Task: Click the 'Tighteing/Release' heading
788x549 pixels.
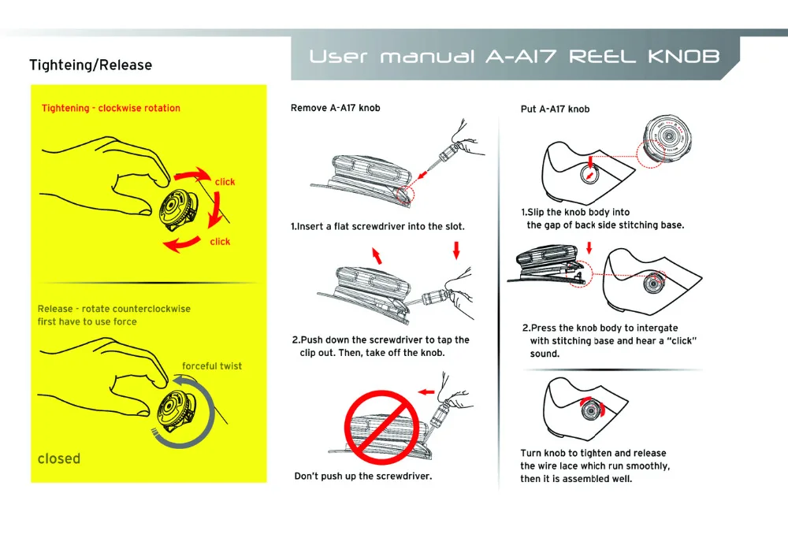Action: (x=91, y=65)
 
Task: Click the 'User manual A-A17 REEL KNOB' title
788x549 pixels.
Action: (x=514, y=57)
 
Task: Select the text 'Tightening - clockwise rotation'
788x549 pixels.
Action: (x=111, y=108)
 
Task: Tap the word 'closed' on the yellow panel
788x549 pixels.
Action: (x=59, y=458)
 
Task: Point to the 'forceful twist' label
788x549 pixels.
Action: (x=212, y=365)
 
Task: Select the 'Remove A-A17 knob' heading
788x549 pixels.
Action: (x=335, y=108)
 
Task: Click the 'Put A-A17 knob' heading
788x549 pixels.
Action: (x=555, y=109)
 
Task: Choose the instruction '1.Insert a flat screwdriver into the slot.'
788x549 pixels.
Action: (x=377, y=226)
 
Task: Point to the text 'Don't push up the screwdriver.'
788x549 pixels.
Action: (x=362, y=476)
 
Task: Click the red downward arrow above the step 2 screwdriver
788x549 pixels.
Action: (x=455, y=250)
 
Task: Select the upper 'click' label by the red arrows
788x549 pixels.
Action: (x=225, y=182)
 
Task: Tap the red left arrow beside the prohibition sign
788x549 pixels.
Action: (x=426, y=391)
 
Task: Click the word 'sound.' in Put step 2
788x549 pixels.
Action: (x=545, y=354)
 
